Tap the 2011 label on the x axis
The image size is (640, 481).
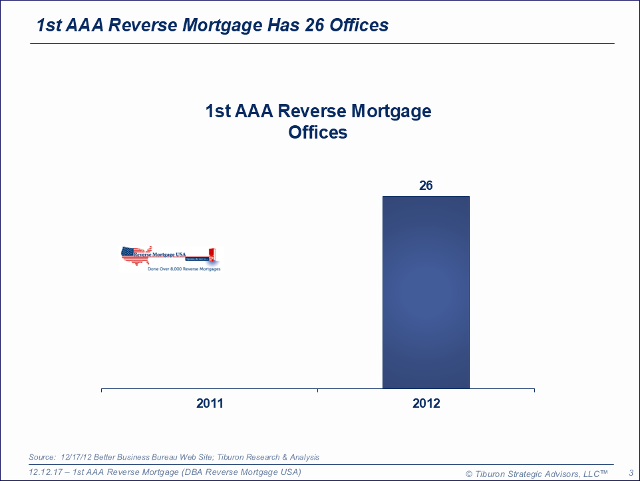210,404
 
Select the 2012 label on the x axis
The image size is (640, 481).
426,404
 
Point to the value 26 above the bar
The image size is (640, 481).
426,186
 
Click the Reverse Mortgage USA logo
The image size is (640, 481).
170,256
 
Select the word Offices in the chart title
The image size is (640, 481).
318,132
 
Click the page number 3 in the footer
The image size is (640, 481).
631,473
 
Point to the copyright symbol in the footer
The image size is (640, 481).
468,473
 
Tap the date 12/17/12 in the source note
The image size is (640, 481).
75,457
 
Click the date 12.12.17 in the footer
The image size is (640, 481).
46,472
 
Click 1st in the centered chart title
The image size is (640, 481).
219,111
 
